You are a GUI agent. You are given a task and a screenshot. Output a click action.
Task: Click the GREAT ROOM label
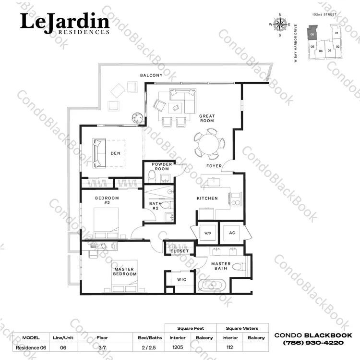click(x=207, y=118)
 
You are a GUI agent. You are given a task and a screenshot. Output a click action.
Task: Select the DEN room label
click(x=116, y=153)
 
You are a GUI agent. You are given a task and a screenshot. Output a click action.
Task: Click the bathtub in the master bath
click(x=212, y=285)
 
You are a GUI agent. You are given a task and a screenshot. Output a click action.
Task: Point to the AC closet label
click(x=232, y=233)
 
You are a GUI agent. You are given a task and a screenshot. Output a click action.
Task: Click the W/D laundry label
click(x=207, y=233)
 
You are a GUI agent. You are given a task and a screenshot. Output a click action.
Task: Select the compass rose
click(x=280, y=25)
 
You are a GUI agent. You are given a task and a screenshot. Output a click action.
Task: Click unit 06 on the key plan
click(x=312, y=33)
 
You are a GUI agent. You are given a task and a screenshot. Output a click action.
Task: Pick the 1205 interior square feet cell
click(x=178, y=347)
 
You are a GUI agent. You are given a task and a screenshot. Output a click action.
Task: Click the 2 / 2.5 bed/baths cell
click(x=149, y=348)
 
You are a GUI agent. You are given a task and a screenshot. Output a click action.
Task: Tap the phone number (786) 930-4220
click(x=313, y=343)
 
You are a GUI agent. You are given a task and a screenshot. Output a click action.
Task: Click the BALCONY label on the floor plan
click(x=151, y=75)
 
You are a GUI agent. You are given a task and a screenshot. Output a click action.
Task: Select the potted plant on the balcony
click(x=137, y=118)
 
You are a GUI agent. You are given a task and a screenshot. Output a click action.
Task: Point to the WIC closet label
click(x=181, y=280)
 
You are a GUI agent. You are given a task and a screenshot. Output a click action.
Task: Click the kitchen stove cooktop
click(x=236, y=199)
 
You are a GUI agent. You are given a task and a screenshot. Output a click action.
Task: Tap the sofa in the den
click(x=99, y=153)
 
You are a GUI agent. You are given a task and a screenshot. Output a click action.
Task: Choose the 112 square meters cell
click(x=229, y=347)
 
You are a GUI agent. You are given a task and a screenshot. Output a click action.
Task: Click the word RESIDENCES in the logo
click(x=84, y=32)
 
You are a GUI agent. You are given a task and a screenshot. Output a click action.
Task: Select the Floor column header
click(x=102, y=338)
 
